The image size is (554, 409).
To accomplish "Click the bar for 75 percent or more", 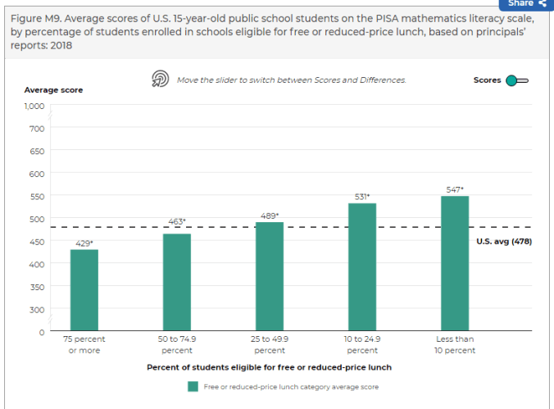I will coord(84,290).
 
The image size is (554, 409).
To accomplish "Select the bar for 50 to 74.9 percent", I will coord(176,282).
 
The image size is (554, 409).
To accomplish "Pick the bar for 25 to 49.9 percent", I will coord(269,276).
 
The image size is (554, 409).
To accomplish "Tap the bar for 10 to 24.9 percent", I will coord(361,267).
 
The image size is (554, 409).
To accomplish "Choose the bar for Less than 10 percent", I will coord(455,263).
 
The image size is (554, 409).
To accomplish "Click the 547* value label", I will coord(455,189).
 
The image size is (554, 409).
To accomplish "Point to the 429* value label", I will coord(84,243).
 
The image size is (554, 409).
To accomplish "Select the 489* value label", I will coord(270,216).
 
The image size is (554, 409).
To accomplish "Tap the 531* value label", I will coord(362,197).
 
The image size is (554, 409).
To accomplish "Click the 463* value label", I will coord(177,221).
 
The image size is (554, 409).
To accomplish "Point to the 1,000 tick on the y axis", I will coord(33,106).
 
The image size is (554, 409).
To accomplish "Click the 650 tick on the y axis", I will coord(36,151).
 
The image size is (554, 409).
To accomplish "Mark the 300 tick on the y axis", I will coord(36,310).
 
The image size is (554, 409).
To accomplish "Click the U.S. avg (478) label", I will coord(504,241).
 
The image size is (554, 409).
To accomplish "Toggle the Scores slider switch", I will coord(516,80).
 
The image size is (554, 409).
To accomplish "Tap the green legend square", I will coord(193,387).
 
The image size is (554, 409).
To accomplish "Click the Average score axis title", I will coord(53,89).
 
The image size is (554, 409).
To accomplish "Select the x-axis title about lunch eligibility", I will coord(269,367).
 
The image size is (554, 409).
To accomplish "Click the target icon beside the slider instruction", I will coord(160,79).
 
